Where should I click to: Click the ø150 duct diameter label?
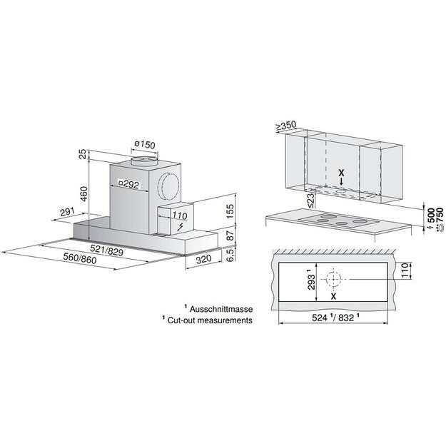(x=143, y=143)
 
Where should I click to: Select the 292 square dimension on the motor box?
(x=128, y=183)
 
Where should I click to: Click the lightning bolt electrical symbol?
(x=180, y=227)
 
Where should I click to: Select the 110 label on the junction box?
(x=179, y=216)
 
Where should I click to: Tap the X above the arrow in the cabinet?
(x=341, y=173)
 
